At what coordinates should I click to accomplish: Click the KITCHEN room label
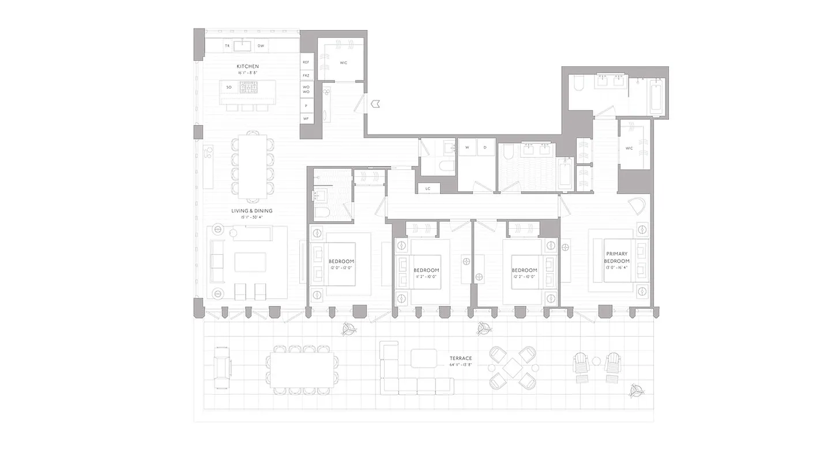(x=247, y=67)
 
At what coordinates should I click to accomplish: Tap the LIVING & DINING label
(x=252, y=211)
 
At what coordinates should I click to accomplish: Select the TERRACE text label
(x=460, y=358)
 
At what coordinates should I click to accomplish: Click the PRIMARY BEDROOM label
(x=616, y=257)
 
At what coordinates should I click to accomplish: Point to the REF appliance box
(x=306, y=62)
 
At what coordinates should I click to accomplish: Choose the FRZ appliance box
(x=306, y=75)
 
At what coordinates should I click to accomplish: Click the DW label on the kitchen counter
(x=261, y=46)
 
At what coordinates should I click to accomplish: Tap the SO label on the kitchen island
(x=229, y=88)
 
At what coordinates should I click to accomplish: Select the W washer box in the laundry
(x=467, y=147)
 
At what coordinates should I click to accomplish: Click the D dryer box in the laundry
(x=486, y=147)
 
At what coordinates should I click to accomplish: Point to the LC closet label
(x=428, y=188)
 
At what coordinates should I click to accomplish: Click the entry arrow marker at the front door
(x=375, y=104)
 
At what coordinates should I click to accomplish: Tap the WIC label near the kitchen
(x=344, y=62)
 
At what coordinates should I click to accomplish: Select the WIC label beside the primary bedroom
(x=629, y=148)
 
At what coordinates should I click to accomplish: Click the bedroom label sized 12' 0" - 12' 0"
(x=341, y=264)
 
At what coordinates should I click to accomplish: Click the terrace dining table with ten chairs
(x=302, y=369)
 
